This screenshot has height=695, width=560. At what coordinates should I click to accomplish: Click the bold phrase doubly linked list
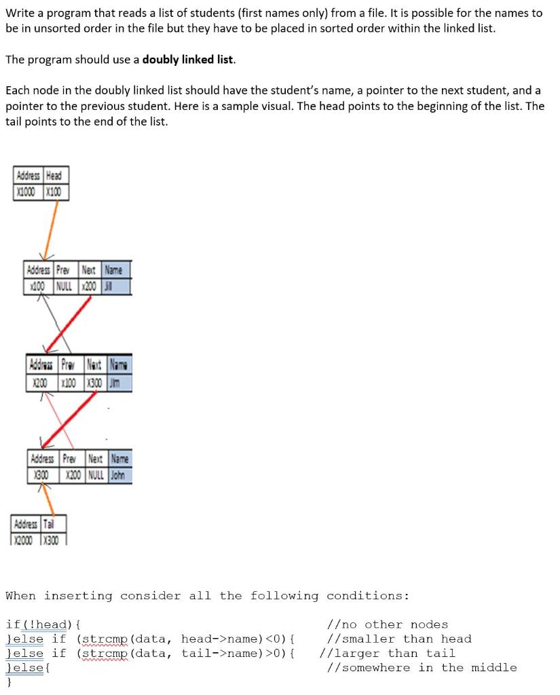click(188, 59)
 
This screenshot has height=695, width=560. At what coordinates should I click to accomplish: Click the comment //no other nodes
click(387, 624)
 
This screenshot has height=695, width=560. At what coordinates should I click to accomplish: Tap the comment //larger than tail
click(387, 653)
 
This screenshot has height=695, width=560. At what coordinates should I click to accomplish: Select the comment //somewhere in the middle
click(421, 667)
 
